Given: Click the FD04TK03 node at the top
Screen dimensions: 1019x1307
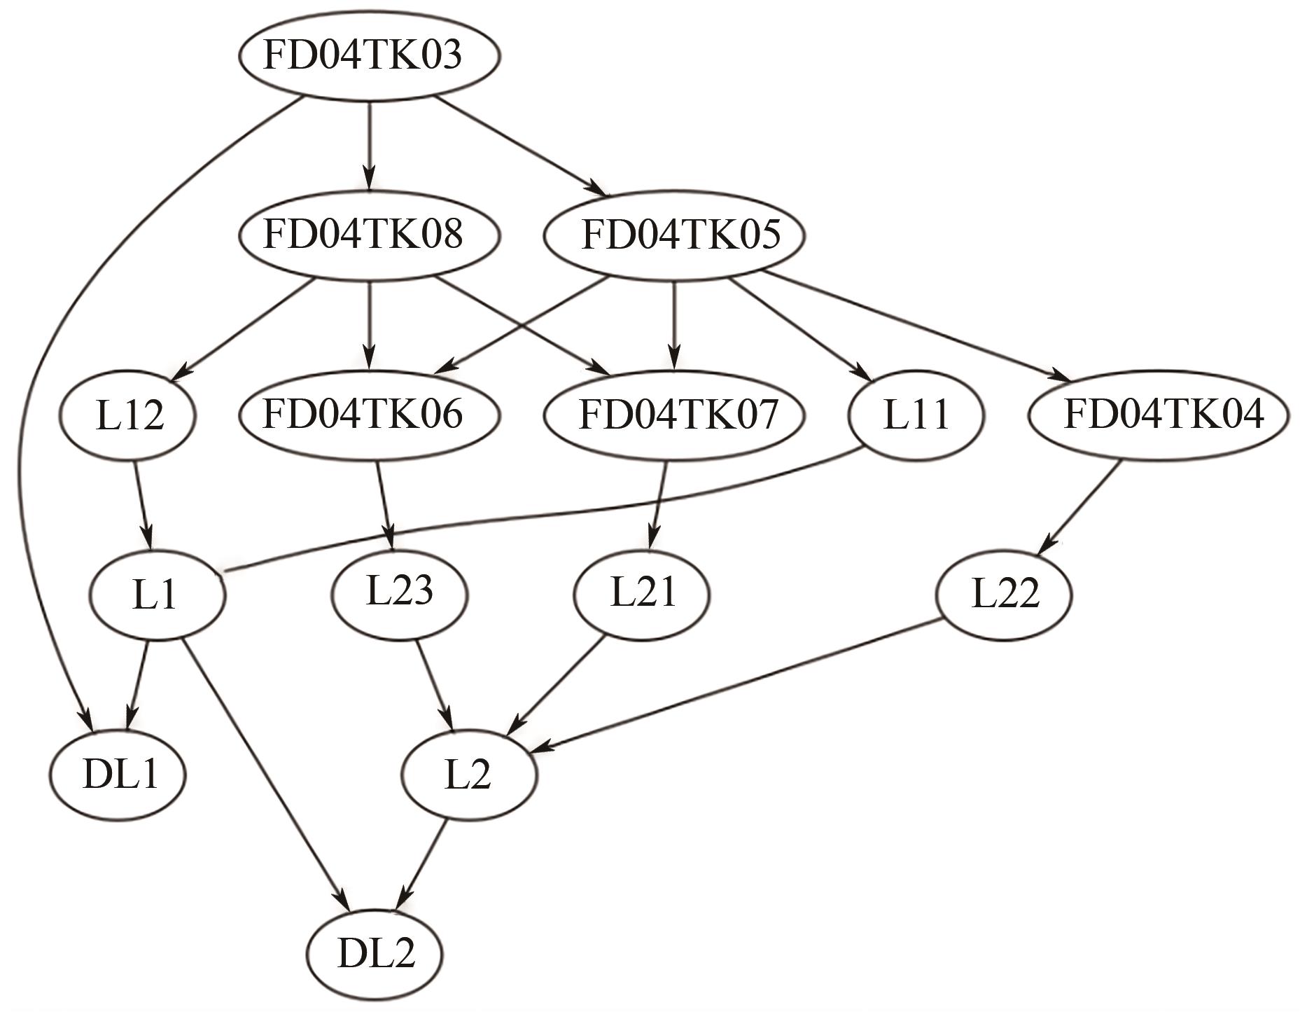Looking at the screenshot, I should [369, 56].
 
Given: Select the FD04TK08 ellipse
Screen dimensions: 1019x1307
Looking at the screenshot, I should [369, 235].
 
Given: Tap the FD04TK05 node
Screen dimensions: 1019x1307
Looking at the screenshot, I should [673, 235].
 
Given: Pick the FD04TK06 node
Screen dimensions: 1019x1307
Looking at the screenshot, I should [369, 414].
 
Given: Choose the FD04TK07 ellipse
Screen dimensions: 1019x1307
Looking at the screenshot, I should [673, 414].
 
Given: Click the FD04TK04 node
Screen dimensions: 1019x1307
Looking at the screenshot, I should [1158, 414].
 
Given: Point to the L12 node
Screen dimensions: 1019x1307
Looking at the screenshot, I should [128, 415].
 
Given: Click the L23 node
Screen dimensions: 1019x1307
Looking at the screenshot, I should [400, 593].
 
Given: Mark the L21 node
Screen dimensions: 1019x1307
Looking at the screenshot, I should [641, 593].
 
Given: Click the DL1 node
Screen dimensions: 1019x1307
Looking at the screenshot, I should [118, 775].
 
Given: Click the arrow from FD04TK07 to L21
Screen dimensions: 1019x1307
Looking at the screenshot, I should [659, 504].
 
